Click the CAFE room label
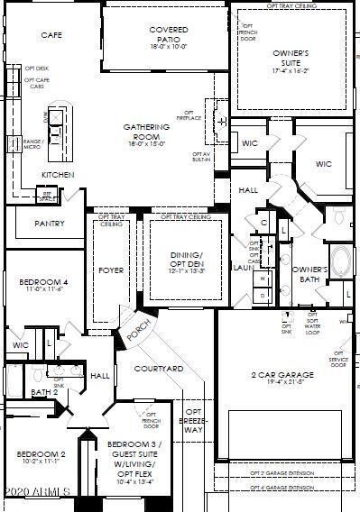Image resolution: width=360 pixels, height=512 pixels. pyautogui.click(x=51, y=35)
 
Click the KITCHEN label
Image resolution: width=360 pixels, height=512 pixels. pyautogui.click(x=57, y=174)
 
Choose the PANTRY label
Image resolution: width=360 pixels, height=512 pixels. pyautogui.click(x=50, y=223)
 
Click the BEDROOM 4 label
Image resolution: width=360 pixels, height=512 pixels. pyautogui.click(x=44, y=282)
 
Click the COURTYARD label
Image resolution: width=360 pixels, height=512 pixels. pyautogui.click(x=159, y=369)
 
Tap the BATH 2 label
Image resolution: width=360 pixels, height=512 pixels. pyautogui.click(x=44, y=392)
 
